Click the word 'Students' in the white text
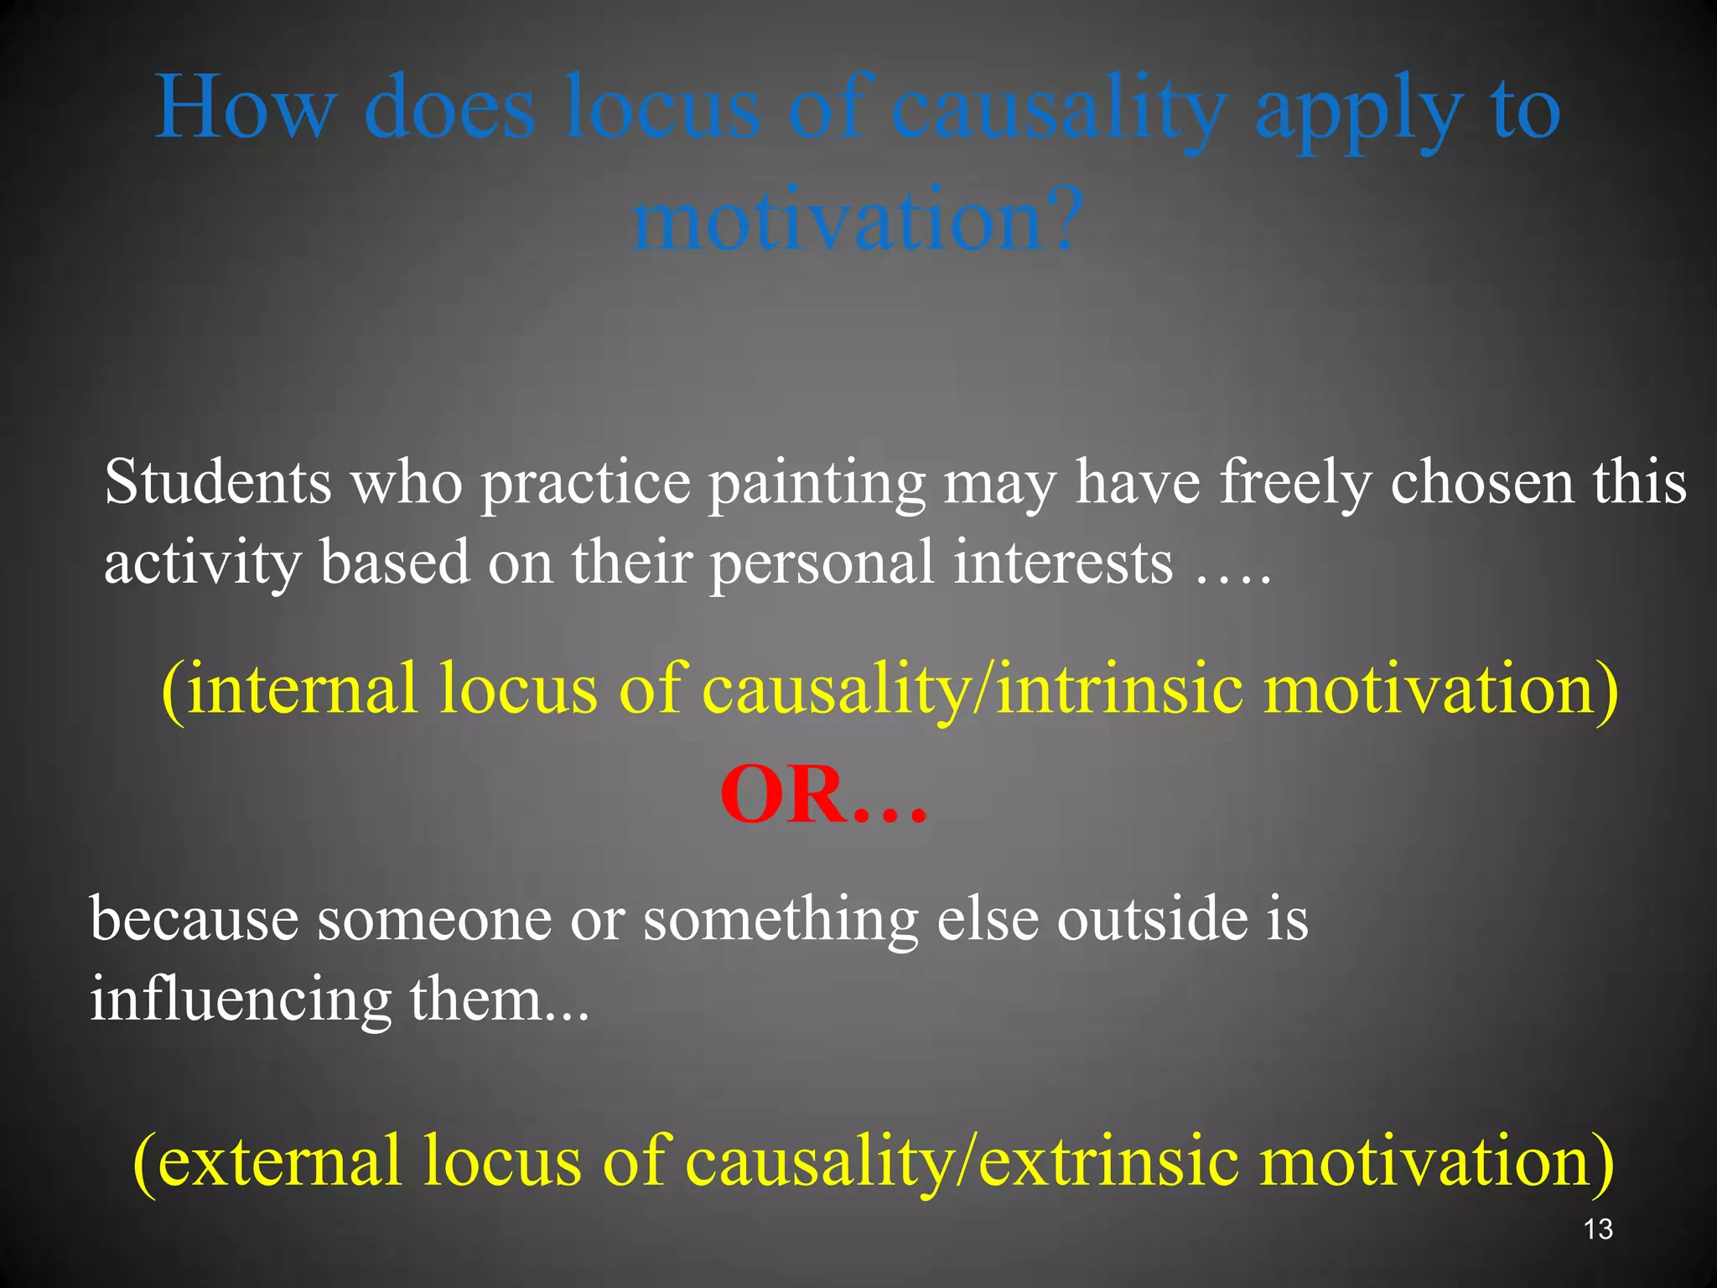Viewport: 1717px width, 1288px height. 217,482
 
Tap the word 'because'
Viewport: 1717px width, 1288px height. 195,919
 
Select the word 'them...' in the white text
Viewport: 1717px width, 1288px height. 500,1000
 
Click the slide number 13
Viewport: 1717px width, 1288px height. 1598,1229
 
